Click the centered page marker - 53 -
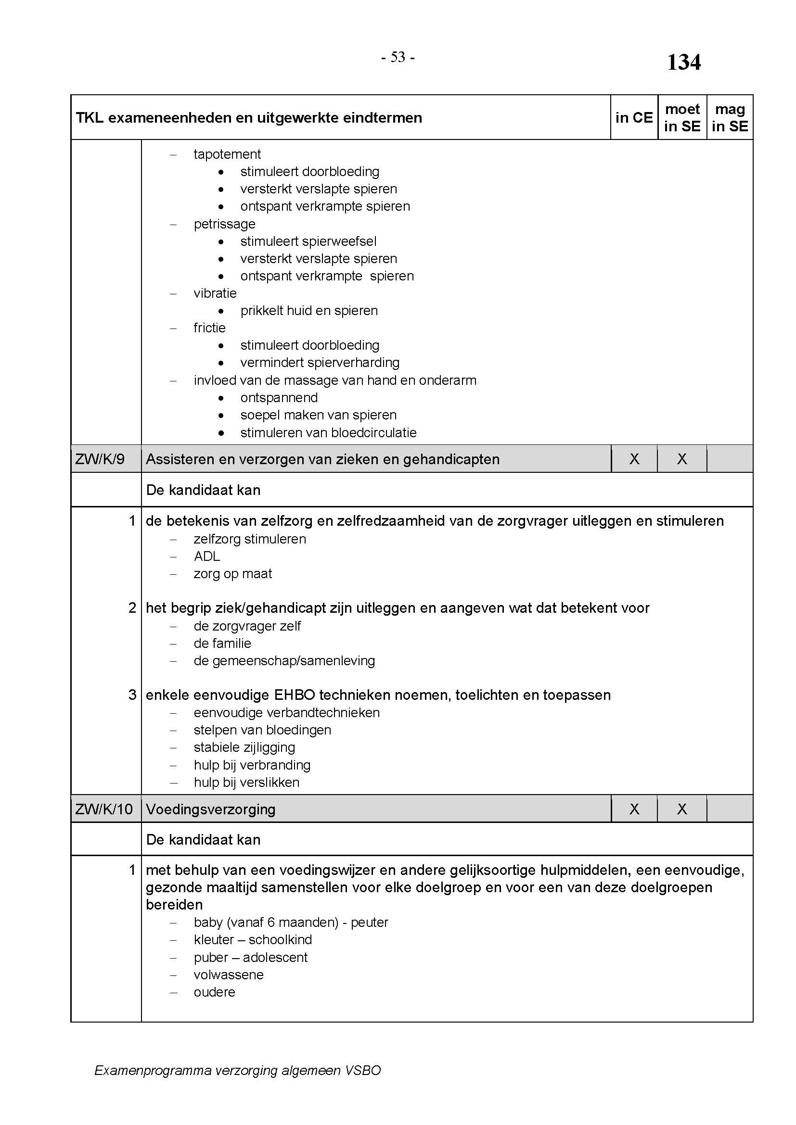(398, 58)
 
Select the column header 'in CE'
(634, 117)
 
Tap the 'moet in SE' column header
(682, 117)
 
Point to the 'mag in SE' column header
(730, 117)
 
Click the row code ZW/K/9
(100, 459)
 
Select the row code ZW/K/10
(104, 809)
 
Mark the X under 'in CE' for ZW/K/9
(634, 459)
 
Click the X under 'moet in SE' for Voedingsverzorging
(682, 809)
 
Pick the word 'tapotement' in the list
(227, 154)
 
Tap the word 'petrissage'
(224, 224)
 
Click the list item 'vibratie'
(215, 293)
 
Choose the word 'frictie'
(209, 328)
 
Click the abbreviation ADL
(207, 556)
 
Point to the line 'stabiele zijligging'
(244, 747)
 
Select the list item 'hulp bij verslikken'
(246, 782)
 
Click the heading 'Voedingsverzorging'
(210, 809)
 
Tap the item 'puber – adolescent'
(250, 957)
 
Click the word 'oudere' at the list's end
(214, 992)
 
